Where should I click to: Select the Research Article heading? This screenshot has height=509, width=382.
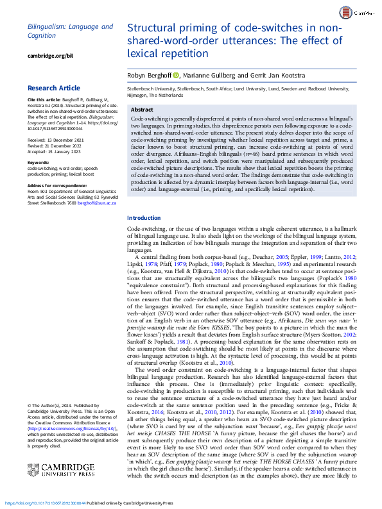tap(55, 88)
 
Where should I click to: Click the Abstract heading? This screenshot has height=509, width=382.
tap(142, 110)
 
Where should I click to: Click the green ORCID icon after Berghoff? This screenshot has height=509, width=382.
tap(177, 76)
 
